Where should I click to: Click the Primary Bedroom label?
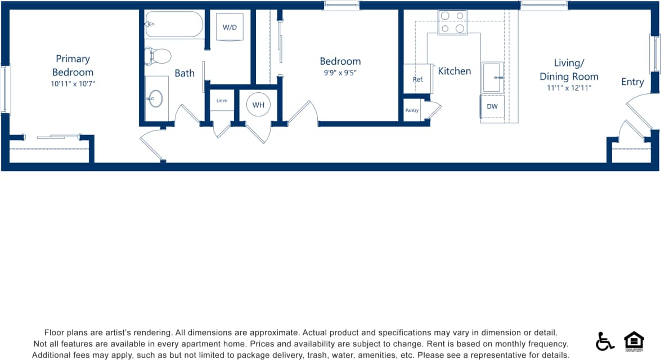click(x=73, y=65)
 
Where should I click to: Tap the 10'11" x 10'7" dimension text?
click(x=73, y=84)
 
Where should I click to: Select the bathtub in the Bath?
click(x=174, y=25)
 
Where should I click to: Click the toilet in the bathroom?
click(x=158, y=56)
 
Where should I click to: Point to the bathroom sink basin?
click(x=156, y=98)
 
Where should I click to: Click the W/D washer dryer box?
click(x=230, y=26)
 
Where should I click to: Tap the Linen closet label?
click(x=222, y=101)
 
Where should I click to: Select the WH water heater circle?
click(x=258, y=105)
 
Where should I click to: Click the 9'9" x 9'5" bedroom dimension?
click(x=340, y=72)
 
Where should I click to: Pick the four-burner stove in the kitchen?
click(x=452, y=22)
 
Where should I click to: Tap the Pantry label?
click(x=412, y=110)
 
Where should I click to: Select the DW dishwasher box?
click(x=492, y=106)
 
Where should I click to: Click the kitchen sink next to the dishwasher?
click(x=492, y=77)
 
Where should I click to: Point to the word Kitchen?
click(x=455, y=71)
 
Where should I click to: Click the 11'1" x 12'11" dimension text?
click(x=569, y=88)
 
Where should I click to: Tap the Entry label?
click(x=632, y=82)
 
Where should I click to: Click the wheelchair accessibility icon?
click(x=605, y=341)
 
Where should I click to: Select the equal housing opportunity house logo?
click(x=634, y=341)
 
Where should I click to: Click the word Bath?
click(x=185, y=73)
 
